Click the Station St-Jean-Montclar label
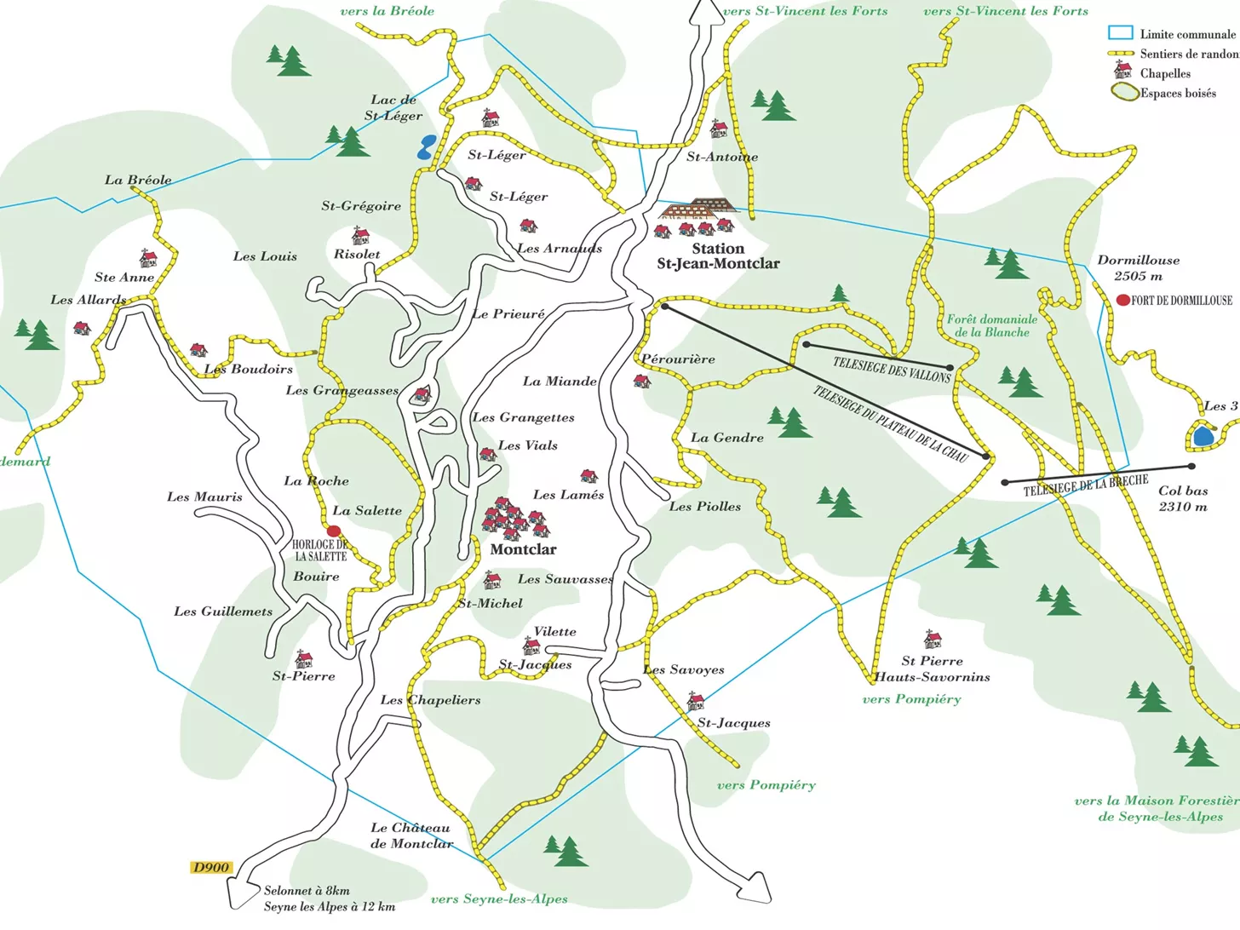718,255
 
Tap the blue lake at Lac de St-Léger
426,147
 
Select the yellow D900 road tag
210,867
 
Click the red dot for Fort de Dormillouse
1123,300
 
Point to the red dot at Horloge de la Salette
334,531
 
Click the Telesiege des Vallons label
892,370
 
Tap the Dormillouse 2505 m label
1138,267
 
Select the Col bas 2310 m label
1183,498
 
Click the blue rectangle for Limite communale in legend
1120,33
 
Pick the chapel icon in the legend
1122,71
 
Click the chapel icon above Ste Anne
148,258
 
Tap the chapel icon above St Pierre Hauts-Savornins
933,639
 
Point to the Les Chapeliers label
430,700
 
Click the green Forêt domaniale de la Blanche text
992,325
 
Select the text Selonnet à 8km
307,891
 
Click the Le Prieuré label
508,314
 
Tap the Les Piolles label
705,506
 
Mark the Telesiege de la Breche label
1085,485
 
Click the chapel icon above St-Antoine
719,129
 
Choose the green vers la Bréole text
387,11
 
